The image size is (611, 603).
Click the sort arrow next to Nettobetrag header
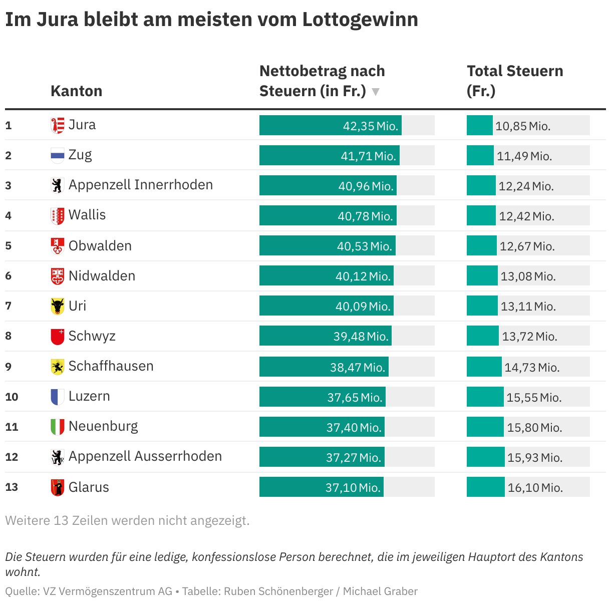coord(376,92)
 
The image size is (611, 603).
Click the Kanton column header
coord(76,91)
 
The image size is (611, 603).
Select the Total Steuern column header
coord(514,81)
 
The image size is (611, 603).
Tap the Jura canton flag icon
coord(58,125)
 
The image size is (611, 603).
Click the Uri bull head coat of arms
coord(58,306)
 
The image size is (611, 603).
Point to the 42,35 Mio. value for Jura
coord(370,126)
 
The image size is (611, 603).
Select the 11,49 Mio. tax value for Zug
coord(524,156)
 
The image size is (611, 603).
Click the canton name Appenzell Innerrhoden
coord(140,185)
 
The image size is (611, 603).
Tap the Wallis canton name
coord(87,215)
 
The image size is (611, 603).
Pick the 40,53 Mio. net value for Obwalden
coord(364,246)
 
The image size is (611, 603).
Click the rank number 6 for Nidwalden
coord(9,276)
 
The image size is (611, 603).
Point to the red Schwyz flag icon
coord(58,337)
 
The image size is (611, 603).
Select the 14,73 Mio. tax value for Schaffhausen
coord(531,368)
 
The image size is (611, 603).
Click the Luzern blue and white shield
coord(58,397)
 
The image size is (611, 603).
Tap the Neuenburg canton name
coord(103,426)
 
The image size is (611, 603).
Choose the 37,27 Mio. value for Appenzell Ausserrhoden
coord(354,458)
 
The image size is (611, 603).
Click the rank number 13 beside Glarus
coord(12,487)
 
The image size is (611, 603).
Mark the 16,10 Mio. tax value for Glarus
coord(535,488)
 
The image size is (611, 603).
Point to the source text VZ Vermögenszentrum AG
coord(107,591)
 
